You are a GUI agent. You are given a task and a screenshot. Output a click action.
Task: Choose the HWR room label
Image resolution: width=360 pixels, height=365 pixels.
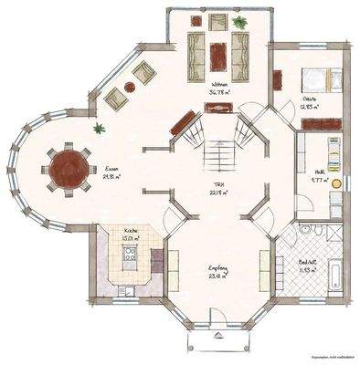pos(322,172)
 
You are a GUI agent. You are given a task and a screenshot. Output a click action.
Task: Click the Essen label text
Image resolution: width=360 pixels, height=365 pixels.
pos(111,169)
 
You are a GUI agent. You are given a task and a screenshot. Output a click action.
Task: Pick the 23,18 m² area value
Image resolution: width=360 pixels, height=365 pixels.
pos(217,276)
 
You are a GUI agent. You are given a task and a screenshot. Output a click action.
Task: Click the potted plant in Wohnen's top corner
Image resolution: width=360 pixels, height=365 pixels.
pos(238,22)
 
